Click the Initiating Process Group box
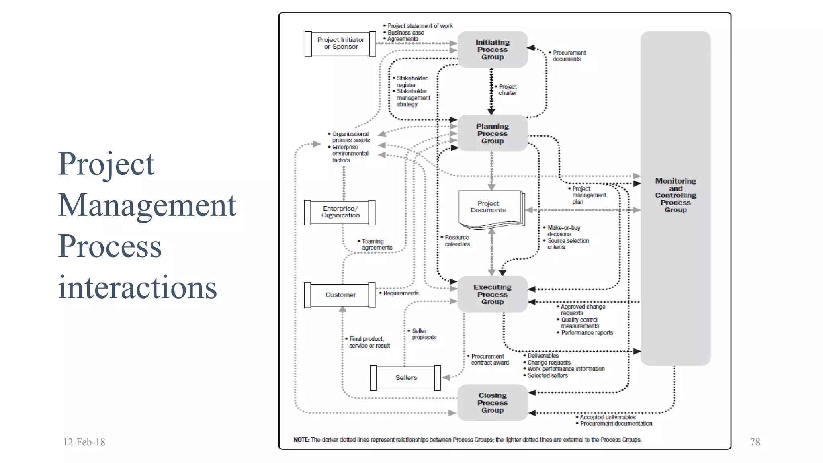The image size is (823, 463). pyautogui.click(x=492, y=49)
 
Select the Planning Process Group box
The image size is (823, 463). pyautogui.click(x=492, y=133)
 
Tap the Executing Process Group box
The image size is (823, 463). pyautogui.click(x=492, y=294)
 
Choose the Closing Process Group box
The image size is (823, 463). pyautogui.click(x=492, y=403)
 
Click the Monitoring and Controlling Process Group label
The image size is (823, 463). pyautogui.click(x=676, y=195)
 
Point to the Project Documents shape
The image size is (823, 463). pyautogui.click(x=489, y=207)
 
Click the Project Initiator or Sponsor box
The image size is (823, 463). pyautogui.click(x=340, y=43)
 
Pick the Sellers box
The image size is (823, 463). pyautogui.click(x=405, y=378)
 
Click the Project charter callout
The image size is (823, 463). pyautogui.click(x=507, y=90)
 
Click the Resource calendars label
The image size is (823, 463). pyautogui.click(x=457, y=241)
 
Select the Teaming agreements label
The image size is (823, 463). pyautogui.click(x=376, y=244)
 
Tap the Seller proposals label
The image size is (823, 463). pyautogui.click(x=423, y=334)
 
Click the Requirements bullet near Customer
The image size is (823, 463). pyautogui.click(x=400, y=293)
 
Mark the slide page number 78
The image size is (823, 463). pyautogui.click(x=755, y=442)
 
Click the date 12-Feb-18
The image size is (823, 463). pyautogui.click(x=84, y=442)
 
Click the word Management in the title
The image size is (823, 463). pyautogui.click(x=147, y=205)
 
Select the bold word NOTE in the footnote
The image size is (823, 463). pyautogui.click(x=301, y=440)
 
